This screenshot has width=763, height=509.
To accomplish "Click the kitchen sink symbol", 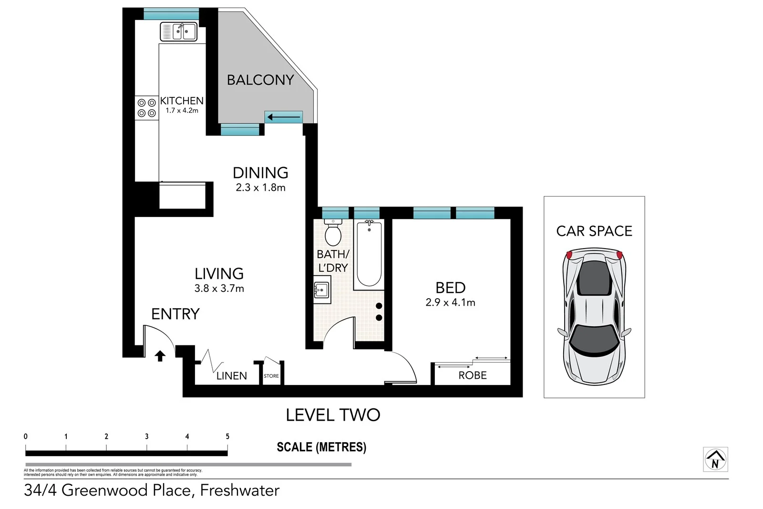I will (178, 32).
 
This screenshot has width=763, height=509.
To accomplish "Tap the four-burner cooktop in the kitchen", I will (147, 108).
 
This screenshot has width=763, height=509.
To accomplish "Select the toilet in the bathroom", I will (333, 234).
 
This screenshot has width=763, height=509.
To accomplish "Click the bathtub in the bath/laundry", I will (369, 255).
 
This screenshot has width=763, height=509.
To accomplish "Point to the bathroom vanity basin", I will (322, 290).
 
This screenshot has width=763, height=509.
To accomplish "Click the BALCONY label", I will (260, 80).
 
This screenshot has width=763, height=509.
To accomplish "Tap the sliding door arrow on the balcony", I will (284, 117).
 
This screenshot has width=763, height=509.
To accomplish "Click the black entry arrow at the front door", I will (160, 356).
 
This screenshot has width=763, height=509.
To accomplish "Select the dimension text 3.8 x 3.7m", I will (219, 289).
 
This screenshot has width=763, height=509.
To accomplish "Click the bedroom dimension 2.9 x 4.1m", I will (450, 302).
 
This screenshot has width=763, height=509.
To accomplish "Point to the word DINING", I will (260, 173).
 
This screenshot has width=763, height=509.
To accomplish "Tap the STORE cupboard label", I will (271, 376).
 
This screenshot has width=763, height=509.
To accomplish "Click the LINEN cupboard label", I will (232, 376).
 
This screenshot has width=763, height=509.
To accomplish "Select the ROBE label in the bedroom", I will (473, 375).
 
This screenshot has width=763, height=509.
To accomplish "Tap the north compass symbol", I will (715, 460).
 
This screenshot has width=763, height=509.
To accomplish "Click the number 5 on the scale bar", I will (227, 436).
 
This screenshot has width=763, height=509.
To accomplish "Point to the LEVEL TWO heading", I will (333, 415).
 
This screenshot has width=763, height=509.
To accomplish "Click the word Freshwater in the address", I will (240, 490).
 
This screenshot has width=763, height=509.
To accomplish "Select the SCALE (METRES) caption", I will (321, 447).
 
